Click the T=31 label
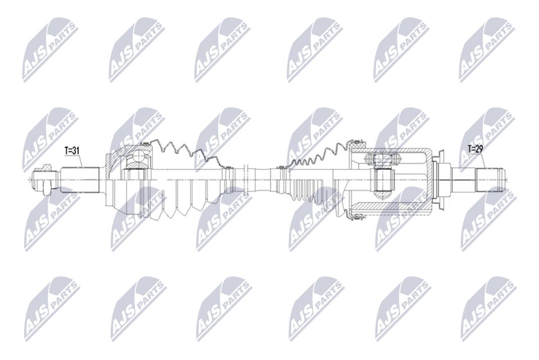pos(73,150)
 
